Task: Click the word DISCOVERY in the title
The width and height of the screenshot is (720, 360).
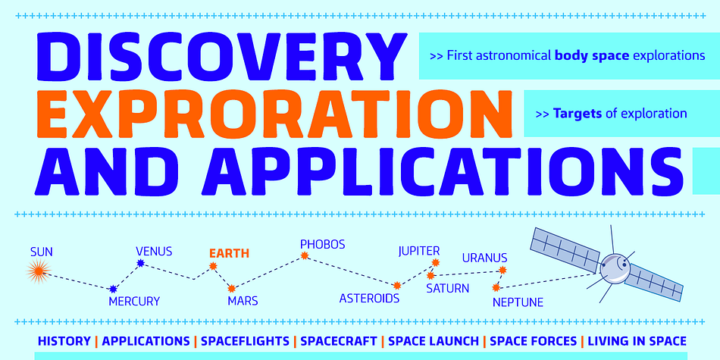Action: (221, 57)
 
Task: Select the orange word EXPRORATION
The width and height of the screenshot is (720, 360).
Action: (274, 113)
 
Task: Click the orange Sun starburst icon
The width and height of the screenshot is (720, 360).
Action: (38, 271)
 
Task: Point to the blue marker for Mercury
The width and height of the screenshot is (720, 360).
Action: (113, 289)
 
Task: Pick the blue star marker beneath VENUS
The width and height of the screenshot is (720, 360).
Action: (140, 263)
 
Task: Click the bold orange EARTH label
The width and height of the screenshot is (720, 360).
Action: (229, 253)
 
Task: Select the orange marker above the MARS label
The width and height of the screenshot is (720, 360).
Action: (231, 288)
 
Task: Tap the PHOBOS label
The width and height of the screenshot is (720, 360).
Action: (322, 244)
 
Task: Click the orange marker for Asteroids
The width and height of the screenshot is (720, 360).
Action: (397, 286)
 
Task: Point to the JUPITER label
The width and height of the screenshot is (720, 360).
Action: (419, 251)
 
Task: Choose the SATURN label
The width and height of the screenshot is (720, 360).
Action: (447, 288)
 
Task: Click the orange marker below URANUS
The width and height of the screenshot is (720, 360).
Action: (502, 270)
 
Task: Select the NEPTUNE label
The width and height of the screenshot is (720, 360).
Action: (518, 302)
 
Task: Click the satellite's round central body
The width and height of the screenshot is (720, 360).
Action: (615, 268)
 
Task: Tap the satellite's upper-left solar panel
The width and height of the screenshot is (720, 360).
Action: (565, 248)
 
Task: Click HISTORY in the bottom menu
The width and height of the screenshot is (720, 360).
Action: (64, 341)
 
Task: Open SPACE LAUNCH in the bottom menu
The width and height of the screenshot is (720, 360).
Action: (434, 341)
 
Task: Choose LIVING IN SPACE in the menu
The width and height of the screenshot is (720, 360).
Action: (637, 341)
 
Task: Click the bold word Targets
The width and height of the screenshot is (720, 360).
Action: (578, 113)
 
